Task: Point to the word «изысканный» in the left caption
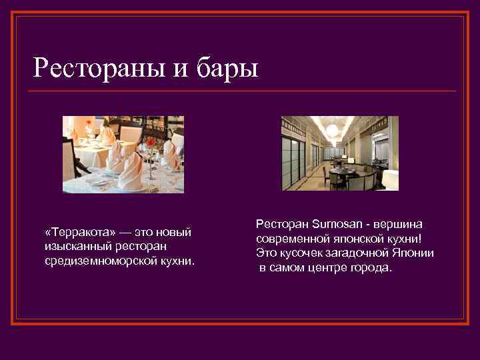74,247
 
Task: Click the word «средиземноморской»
100,261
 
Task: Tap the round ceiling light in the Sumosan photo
333,126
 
